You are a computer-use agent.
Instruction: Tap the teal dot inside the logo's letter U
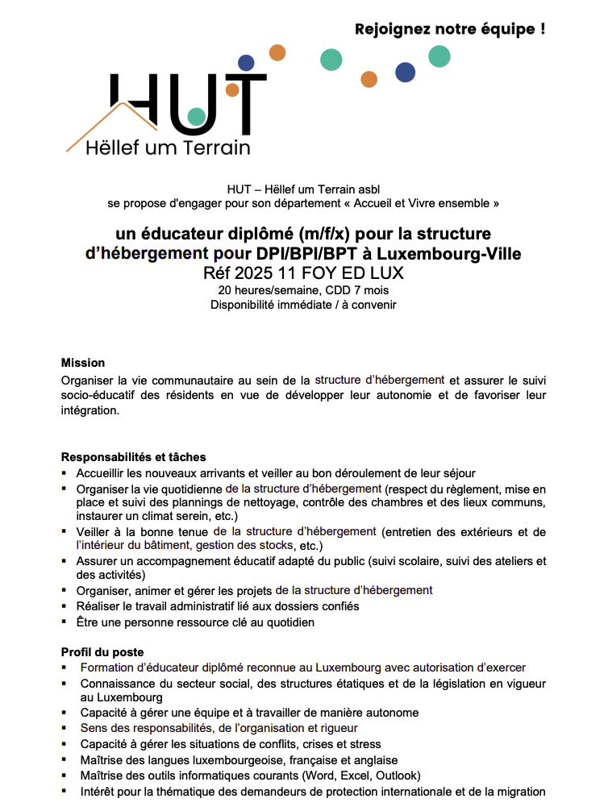196,116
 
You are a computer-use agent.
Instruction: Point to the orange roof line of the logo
97,129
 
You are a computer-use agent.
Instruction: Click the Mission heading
83,363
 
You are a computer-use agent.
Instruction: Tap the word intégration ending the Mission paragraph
90,410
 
